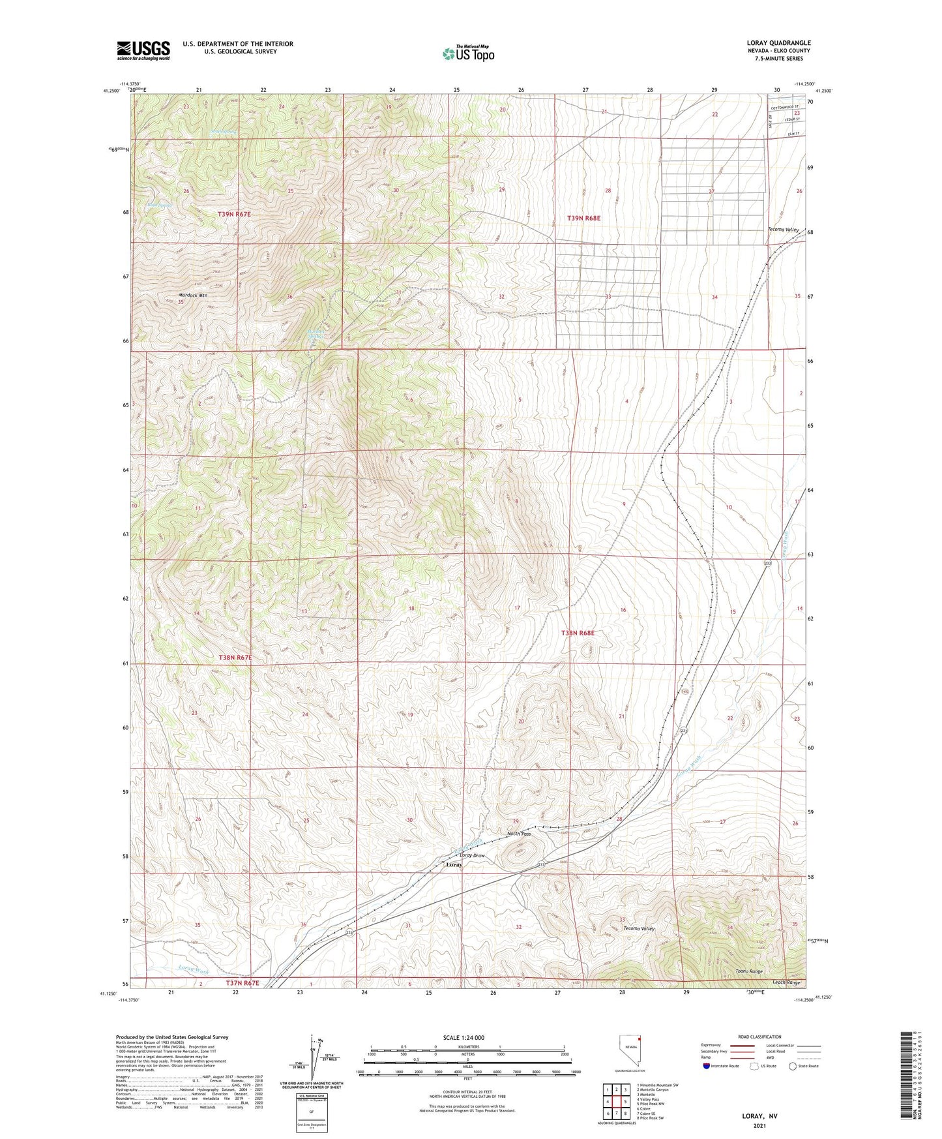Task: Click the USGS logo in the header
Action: click(x=143, y=50)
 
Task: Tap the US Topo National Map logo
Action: click(x=468, y=53)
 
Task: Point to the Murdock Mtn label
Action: click(x=193, y=296)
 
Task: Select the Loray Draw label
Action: click(x=473, y=855)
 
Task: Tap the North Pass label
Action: click(x=519, y=834)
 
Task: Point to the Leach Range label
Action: click(x=786, y=982)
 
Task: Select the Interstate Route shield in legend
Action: click(x=707, y=1066)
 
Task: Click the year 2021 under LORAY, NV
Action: click(x=759, y=1126)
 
